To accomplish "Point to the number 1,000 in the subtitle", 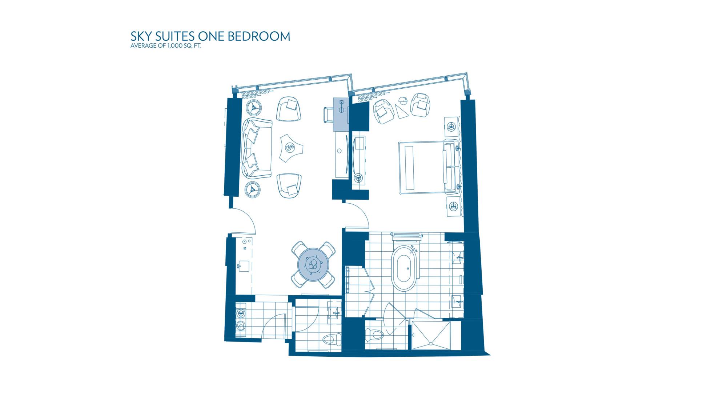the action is [174, 46].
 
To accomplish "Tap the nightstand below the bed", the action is [453, 207].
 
